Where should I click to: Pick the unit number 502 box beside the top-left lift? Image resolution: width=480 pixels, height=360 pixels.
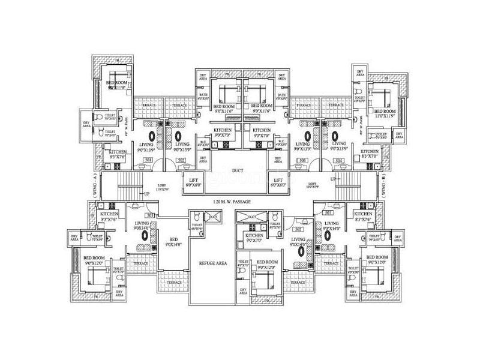coord(182,161)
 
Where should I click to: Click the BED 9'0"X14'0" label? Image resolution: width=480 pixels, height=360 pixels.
coord(174,242)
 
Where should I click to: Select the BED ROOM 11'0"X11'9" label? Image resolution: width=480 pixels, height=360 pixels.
coord(385,113)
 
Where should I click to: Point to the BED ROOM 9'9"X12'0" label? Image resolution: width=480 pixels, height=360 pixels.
coord(265,265)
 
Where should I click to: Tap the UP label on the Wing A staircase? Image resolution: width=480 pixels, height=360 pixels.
coord(145,193)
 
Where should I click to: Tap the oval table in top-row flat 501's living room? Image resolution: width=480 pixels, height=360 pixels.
coord(151,136)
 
